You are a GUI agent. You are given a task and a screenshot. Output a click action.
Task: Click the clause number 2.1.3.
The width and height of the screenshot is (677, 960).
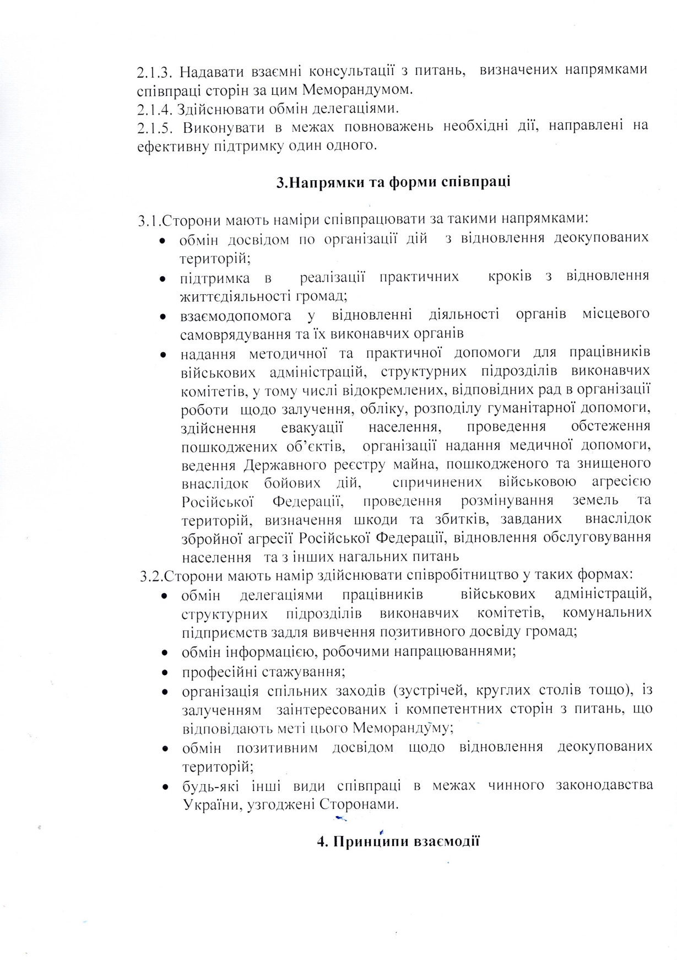pyautogui.click(x=155, y=72)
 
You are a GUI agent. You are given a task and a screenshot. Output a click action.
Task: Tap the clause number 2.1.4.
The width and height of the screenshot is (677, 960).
pyautogui.click(x=155, y=108)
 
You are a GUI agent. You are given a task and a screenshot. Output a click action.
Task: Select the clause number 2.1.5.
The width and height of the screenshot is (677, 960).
pyautogui.click(x=155, y=127)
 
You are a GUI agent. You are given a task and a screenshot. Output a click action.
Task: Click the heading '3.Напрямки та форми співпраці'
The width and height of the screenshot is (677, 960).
pyautogui.click(x=393, y=182)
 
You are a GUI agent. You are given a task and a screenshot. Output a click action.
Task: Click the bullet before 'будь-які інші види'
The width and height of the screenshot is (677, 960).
pyautogui.click(x=164, y=786)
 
